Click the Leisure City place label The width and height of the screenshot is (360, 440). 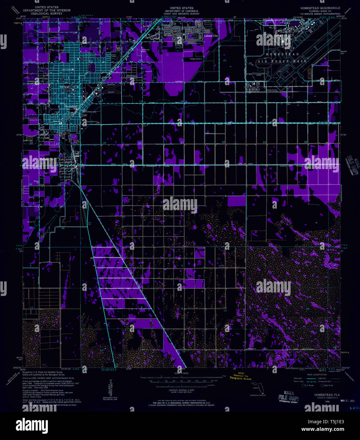pos(211,36)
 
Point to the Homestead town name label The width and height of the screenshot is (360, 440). pos(71,107)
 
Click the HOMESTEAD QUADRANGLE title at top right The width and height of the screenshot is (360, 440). pos(320,8)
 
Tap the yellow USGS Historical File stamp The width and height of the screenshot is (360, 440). pos(241,376)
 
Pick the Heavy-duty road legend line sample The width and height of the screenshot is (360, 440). pos(312,378)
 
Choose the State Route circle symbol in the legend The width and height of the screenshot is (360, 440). pos(322,385)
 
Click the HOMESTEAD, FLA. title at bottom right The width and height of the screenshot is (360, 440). pos(327,395)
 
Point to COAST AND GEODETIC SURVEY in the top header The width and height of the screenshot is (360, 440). pos(181,14)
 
